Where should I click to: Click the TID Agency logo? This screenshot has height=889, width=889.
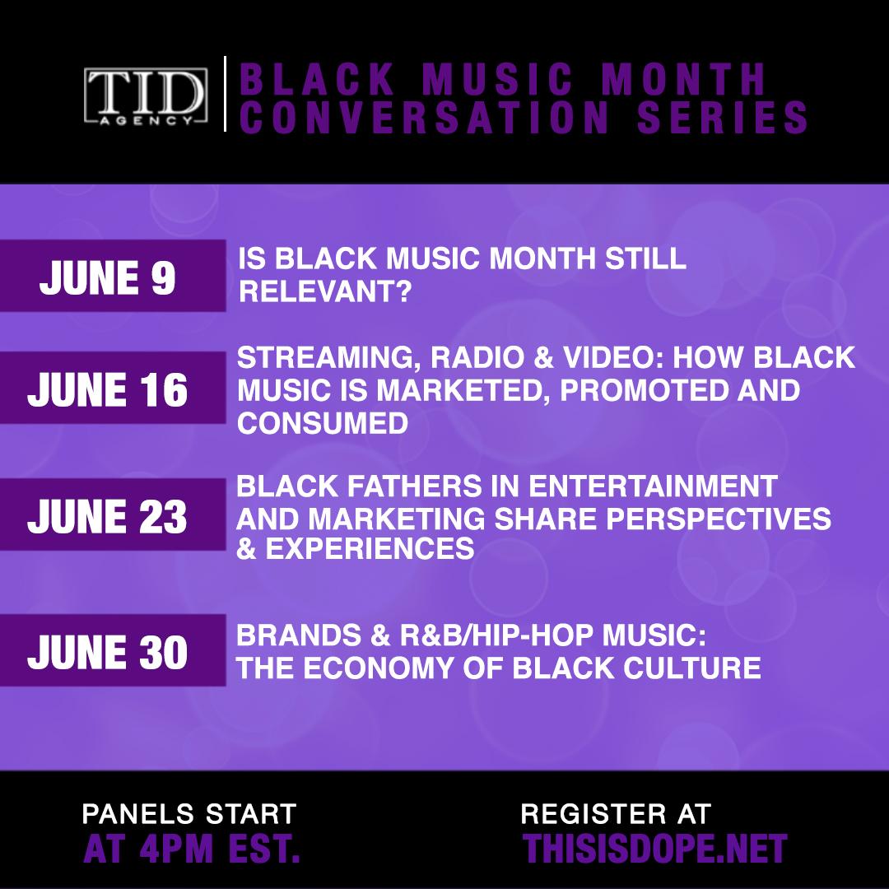tap(146, 95)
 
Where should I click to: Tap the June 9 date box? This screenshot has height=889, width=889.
tap(113, 276)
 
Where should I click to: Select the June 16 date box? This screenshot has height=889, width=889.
tap(113, 387)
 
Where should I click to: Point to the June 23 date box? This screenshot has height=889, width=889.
tap(113, 514)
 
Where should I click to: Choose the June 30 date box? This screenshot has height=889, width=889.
tap(113, 650)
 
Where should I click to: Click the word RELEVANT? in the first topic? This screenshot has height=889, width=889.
tap(324, 292)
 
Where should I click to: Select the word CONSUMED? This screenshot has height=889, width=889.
tap(323, 423)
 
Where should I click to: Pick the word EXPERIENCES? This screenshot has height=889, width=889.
tap(370, 548)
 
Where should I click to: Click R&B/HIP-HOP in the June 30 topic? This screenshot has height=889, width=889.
tap(496, 635)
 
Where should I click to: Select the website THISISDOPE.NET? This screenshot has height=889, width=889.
tap(655, 848)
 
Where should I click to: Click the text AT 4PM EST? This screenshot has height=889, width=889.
tap(191, 848)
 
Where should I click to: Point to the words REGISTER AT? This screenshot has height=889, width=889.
tap(616, 814)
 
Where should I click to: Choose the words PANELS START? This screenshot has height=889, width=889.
tap(189, 814)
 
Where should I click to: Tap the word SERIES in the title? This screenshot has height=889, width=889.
tap(723, 118)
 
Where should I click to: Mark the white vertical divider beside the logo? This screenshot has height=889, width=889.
tap(225, 94)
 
